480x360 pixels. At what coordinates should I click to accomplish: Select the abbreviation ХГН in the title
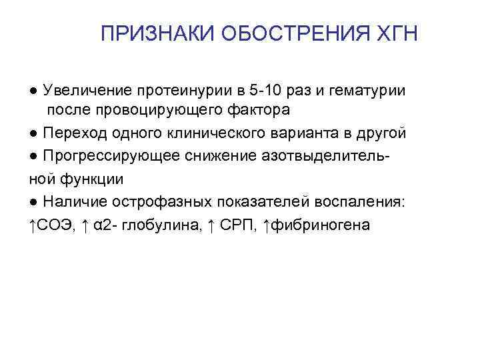[x=397, y=33]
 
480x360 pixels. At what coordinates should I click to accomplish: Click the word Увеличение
[x=85, y=90]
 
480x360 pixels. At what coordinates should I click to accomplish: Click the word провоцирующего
[x=143, y=109]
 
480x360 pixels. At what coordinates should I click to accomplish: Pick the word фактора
[x=259, y=109]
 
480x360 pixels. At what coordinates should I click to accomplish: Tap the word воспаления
[x=354, y=202]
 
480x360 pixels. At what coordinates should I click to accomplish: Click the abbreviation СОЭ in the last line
[x=53, y=225]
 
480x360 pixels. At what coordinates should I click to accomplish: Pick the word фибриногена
[x=319, y=225]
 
